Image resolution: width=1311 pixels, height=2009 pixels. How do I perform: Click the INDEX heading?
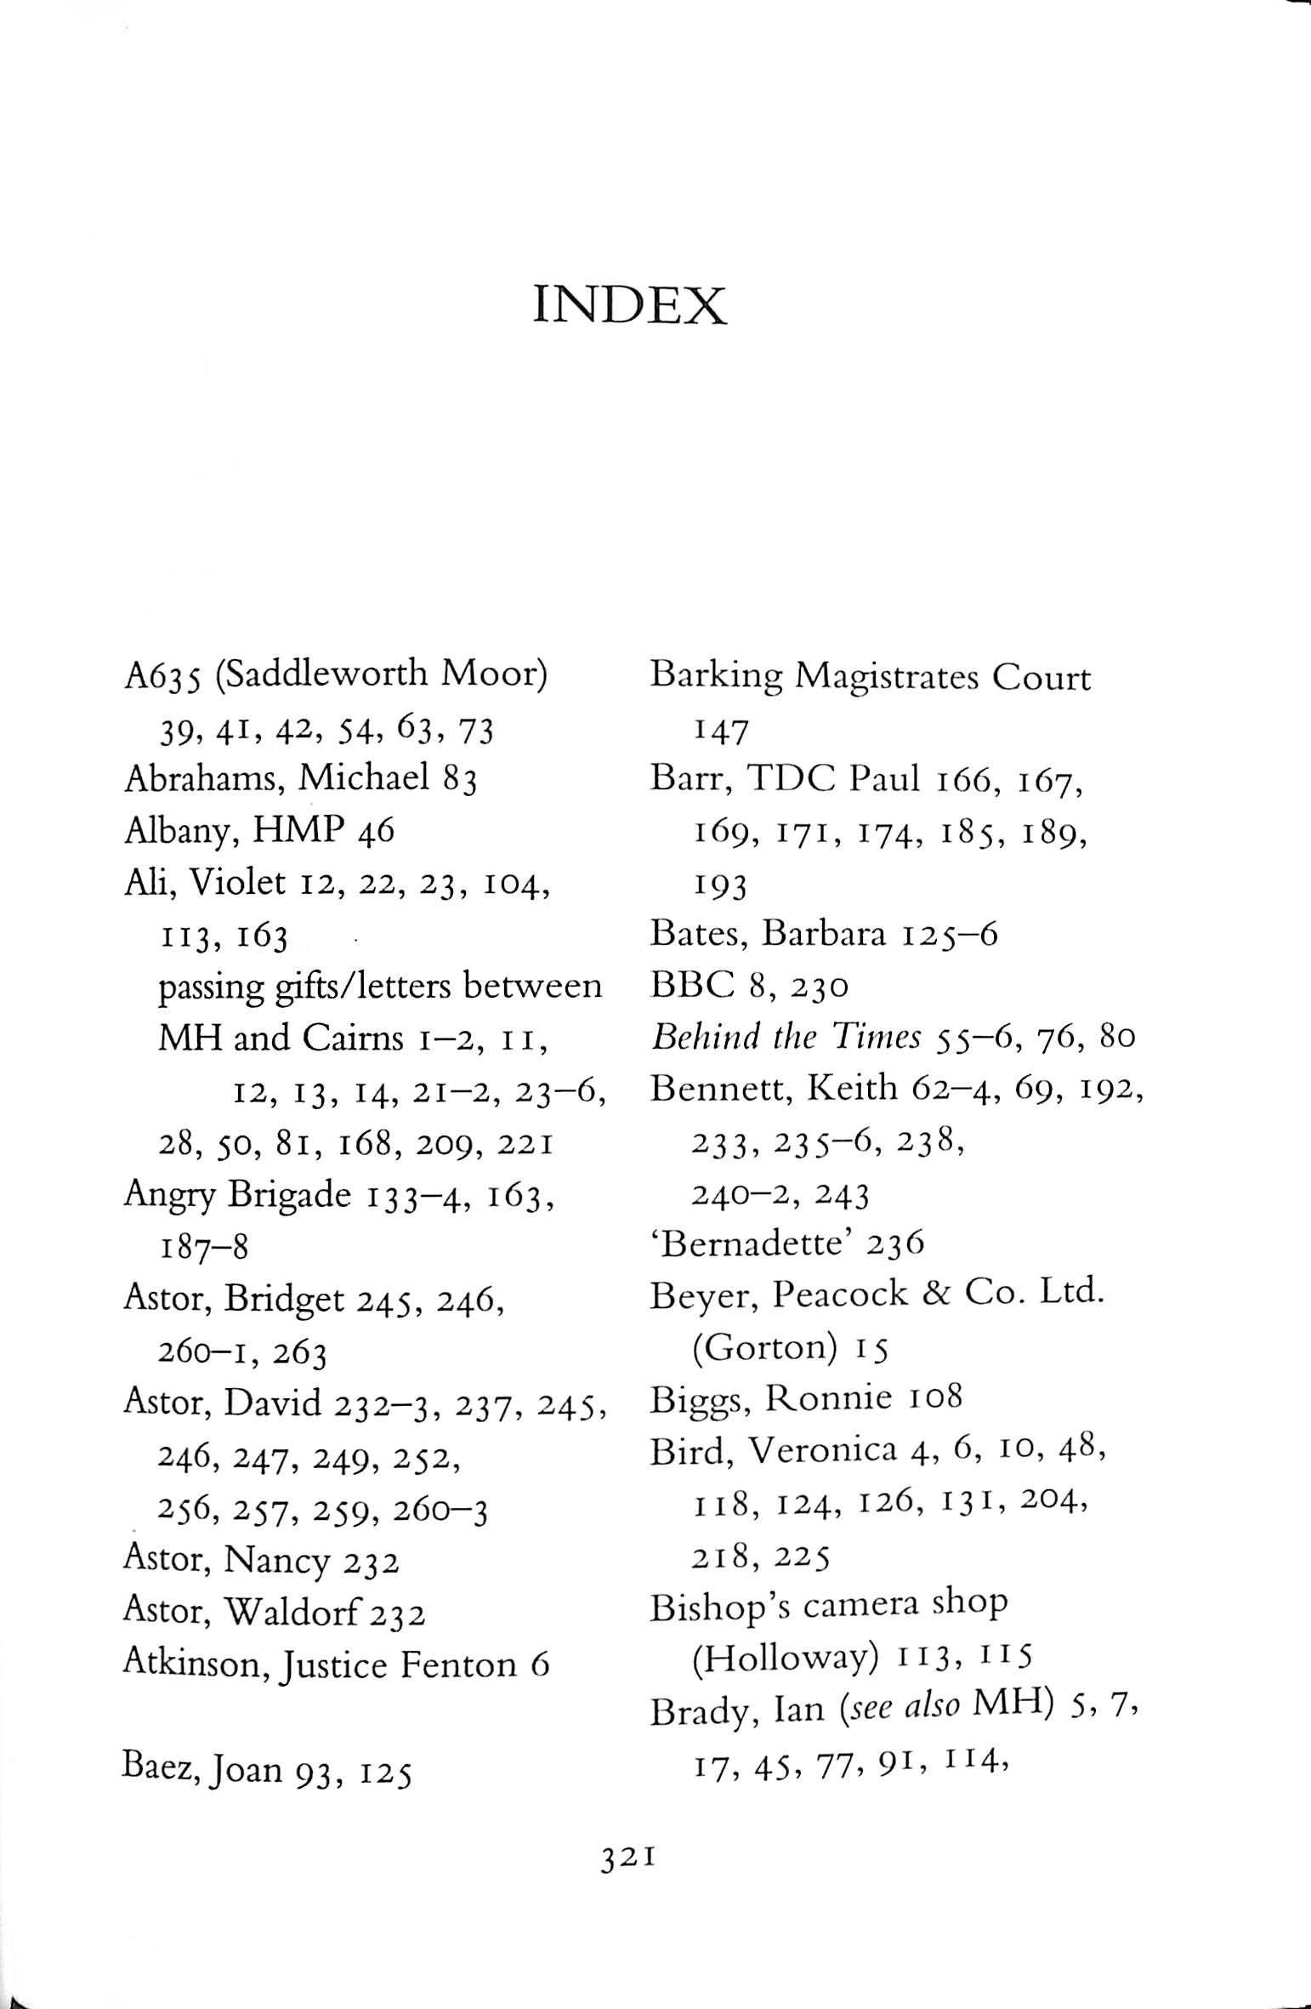(629, 307)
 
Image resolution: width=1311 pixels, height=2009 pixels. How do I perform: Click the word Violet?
(237, 884)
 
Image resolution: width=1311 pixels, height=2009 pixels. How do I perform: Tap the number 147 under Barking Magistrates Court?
(720, 731)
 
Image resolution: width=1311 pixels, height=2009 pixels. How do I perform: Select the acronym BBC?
(690, 986)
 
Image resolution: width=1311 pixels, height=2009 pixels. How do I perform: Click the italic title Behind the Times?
(786, 1038)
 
